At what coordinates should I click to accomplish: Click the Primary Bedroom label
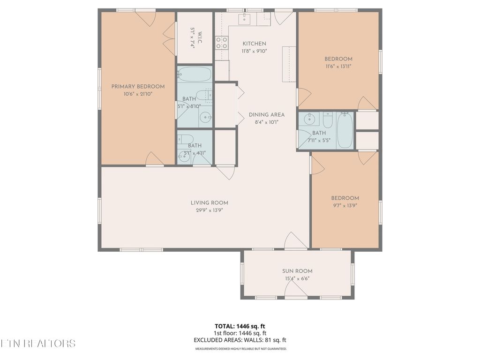click(x=138, y=86)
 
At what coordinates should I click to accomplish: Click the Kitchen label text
click(x=254, y=44)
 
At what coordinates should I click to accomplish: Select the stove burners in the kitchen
click(x=221, y=43)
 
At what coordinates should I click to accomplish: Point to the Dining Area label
click(x=266, y=114)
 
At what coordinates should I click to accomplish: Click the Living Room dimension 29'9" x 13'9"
click(x=209, y=210)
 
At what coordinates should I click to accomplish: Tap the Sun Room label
click(x=297, y=271)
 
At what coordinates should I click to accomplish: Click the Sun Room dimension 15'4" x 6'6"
click(x=297, y=278)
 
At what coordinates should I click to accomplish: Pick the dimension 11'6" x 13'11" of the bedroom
click(x=338, y=66)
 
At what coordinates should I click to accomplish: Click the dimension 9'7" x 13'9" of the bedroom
click(x=345, y=205)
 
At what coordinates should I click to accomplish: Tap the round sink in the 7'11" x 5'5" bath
click(x=309, y=119)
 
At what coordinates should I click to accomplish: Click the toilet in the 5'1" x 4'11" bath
click(x=186, y=139)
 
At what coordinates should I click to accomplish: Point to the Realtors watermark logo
click(x=37, y=343)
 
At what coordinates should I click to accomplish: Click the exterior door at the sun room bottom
click(x=296, y=292)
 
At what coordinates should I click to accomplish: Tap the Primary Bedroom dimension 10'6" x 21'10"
click(x=138, y=94)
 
